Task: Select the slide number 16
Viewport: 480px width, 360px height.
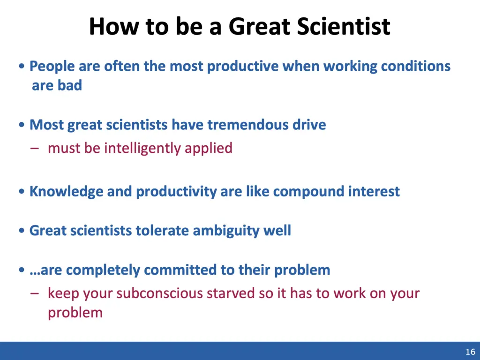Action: (471, 352)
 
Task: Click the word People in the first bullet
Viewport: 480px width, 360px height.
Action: (52, 67)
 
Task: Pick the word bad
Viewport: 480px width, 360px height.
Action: (70, 85)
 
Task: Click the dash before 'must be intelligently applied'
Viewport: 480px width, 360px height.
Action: (35, 149)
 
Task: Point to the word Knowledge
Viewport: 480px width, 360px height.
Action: (67, 192)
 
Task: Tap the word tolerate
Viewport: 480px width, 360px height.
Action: (162, 231)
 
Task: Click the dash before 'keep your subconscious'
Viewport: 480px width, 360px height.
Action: (35, 294)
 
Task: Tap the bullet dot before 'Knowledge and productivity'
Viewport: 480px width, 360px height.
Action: (22, 192)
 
